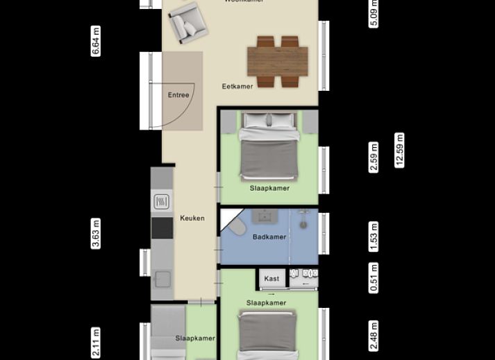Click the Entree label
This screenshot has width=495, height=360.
(x=178, y=95)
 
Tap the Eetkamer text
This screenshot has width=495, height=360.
(x=237, y=87)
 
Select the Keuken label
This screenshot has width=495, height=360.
(x=192, y=218)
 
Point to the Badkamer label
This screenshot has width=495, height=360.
(x=269, y=237)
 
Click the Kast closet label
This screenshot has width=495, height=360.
(x=272, y=279)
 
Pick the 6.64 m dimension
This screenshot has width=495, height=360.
(x=96, y=41)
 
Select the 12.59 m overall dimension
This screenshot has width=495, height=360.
(x=399, y=150)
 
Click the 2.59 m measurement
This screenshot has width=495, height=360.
(x=374, y=157)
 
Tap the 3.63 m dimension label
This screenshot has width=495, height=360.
(x=96, y=233)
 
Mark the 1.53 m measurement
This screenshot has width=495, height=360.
(x=374, y=237)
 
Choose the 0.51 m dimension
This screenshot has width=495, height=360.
(x=374, y=278)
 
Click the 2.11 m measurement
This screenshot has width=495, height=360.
(x=96, y=343)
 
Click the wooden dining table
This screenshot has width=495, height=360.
(x=278, y=61)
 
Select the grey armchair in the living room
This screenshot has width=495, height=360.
(x=186, y=22)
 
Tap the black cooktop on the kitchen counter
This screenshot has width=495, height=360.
(x=162, y=228)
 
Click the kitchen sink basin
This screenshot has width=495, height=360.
(x=162, y=279)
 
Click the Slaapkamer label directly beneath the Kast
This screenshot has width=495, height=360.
(x=266, y=303)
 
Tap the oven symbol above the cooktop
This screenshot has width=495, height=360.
(x=162, y=202)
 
